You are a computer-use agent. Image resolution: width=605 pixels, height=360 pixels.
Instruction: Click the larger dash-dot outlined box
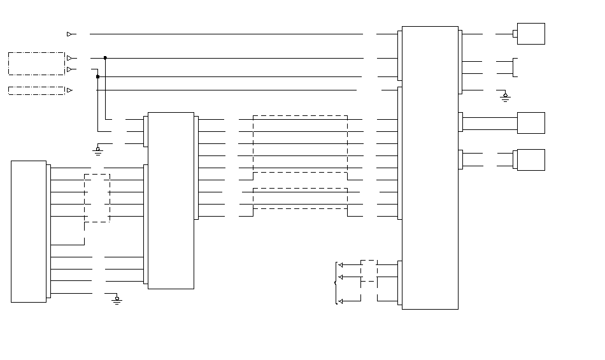(x=36, y=64)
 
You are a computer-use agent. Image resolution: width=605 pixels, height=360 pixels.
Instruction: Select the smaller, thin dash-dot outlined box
(x=36, y=90)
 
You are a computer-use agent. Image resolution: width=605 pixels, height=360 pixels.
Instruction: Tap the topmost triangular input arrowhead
(x=69, y=34)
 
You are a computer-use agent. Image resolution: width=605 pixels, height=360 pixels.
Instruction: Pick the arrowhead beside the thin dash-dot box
(x=69, y=90)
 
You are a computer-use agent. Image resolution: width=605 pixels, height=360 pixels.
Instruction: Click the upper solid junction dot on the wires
(x=105, y=58)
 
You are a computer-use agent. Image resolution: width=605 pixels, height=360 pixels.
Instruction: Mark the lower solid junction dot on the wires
(x=97, y=76)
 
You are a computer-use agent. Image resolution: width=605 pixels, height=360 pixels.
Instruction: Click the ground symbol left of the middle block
(x=97, y=150)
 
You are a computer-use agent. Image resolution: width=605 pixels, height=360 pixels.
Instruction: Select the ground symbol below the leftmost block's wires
(x=117, y=299)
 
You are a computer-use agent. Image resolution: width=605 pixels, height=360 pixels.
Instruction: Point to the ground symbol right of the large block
(x=505, y=97)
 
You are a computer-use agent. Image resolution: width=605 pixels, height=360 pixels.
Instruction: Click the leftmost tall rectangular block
(x=29, y=231)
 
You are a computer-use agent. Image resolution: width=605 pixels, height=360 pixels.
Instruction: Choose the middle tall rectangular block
(x=171, y=201)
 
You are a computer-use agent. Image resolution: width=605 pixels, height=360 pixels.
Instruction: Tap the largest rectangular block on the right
(x=430, y=168)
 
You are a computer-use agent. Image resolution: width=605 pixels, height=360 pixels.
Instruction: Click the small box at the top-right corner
(x=530, y=34)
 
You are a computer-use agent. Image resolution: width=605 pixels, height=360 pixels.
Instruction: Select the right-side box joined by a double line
(x=530, y=123)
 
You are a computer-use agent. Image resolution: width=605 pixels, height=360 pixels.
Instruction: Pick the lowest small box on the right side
(x=530, y=160)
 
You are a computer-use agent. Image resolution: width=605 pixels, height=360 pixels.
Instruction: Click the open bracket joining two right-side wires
(x=516, y=67)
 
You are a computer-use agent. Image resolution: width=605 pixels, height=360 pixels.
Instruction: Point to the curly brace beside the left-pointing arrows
(x=336, y=282)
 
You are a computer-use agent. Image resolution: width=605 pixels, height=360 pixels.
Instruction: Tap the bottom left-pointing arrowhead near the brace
(x=341, y=301)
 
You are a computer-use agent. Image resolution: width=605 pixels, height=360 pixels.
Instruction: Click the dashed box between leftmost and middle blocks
(x=97, y=198)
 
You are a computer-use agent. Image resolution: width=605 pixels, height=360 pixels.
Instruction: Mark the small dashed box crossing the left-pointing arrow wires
(x=369, y=271)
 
